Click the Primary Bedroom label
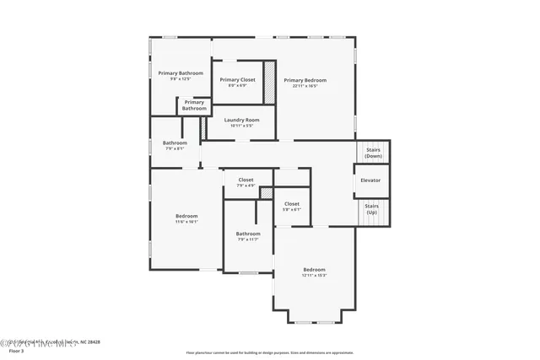(x=305, y=80)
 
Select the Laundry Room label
(x=241, y=120)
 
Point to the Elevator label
(x=370, y=180)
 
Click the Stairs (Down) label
(x=373, y=153)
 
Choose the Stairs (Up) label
(x=371, y=207)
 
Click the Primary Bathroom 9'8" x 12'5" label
(x=181, y=73)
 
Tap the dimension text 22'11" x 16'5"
(x=305, y=86)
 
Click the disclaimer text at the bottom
(x=270, y=352)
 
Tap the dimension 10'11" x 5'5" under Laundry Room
(x=241, y=126)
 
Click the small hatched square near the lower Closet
(x=267, y=194)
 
